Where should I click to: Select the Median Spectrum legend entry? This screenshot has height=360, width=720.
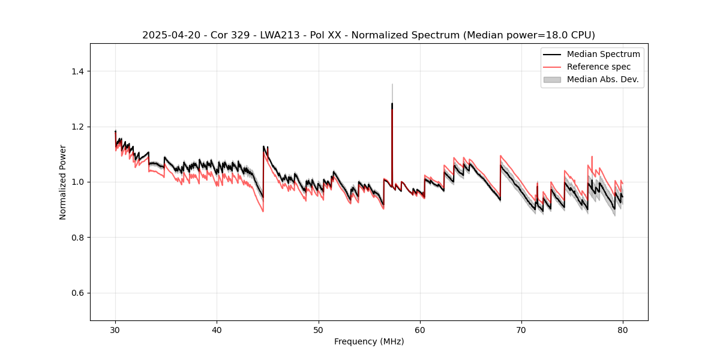[603, 54]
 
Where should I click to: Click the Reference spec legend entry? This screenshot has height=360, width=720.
[599, 67]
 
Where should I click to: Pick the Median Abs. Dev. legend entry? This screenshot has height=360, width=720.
[603, 79]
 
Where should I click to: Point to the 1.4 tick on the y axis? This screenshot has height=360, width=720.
[77, 71]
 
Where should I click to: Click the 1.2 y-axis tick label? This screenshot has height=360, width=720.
[77, 127]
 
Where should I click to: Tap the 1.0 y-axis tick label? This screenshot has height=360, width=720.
[77, 182]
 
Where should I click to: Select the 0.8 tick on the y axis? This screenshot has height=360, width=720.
[77, 238]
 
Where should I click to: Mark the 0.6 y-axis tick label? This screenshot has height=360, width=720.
[77, 293]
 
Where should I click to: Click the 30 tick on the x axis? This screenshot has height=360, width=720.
[115, 330]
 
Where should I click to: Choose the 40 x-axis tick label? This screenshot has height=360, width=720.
[217, 330]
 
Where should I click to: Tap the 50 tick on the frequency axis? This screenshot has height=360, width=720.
[319, 330]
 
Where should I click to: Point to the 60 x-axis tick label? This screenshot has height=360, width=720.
[420, 330]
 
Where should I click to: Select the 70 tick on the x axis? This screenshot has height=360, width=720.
[521, 330]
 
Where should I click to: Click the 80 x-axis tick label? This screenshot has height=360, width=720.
[623, 330]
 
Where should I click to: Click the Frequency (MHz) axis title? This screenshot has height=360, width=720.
[369, 342]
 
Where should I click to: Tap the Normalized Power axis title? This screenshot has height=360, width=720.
[63, 182]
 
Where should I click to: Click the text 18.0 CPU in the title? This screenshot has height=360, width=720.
[566, 35]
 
